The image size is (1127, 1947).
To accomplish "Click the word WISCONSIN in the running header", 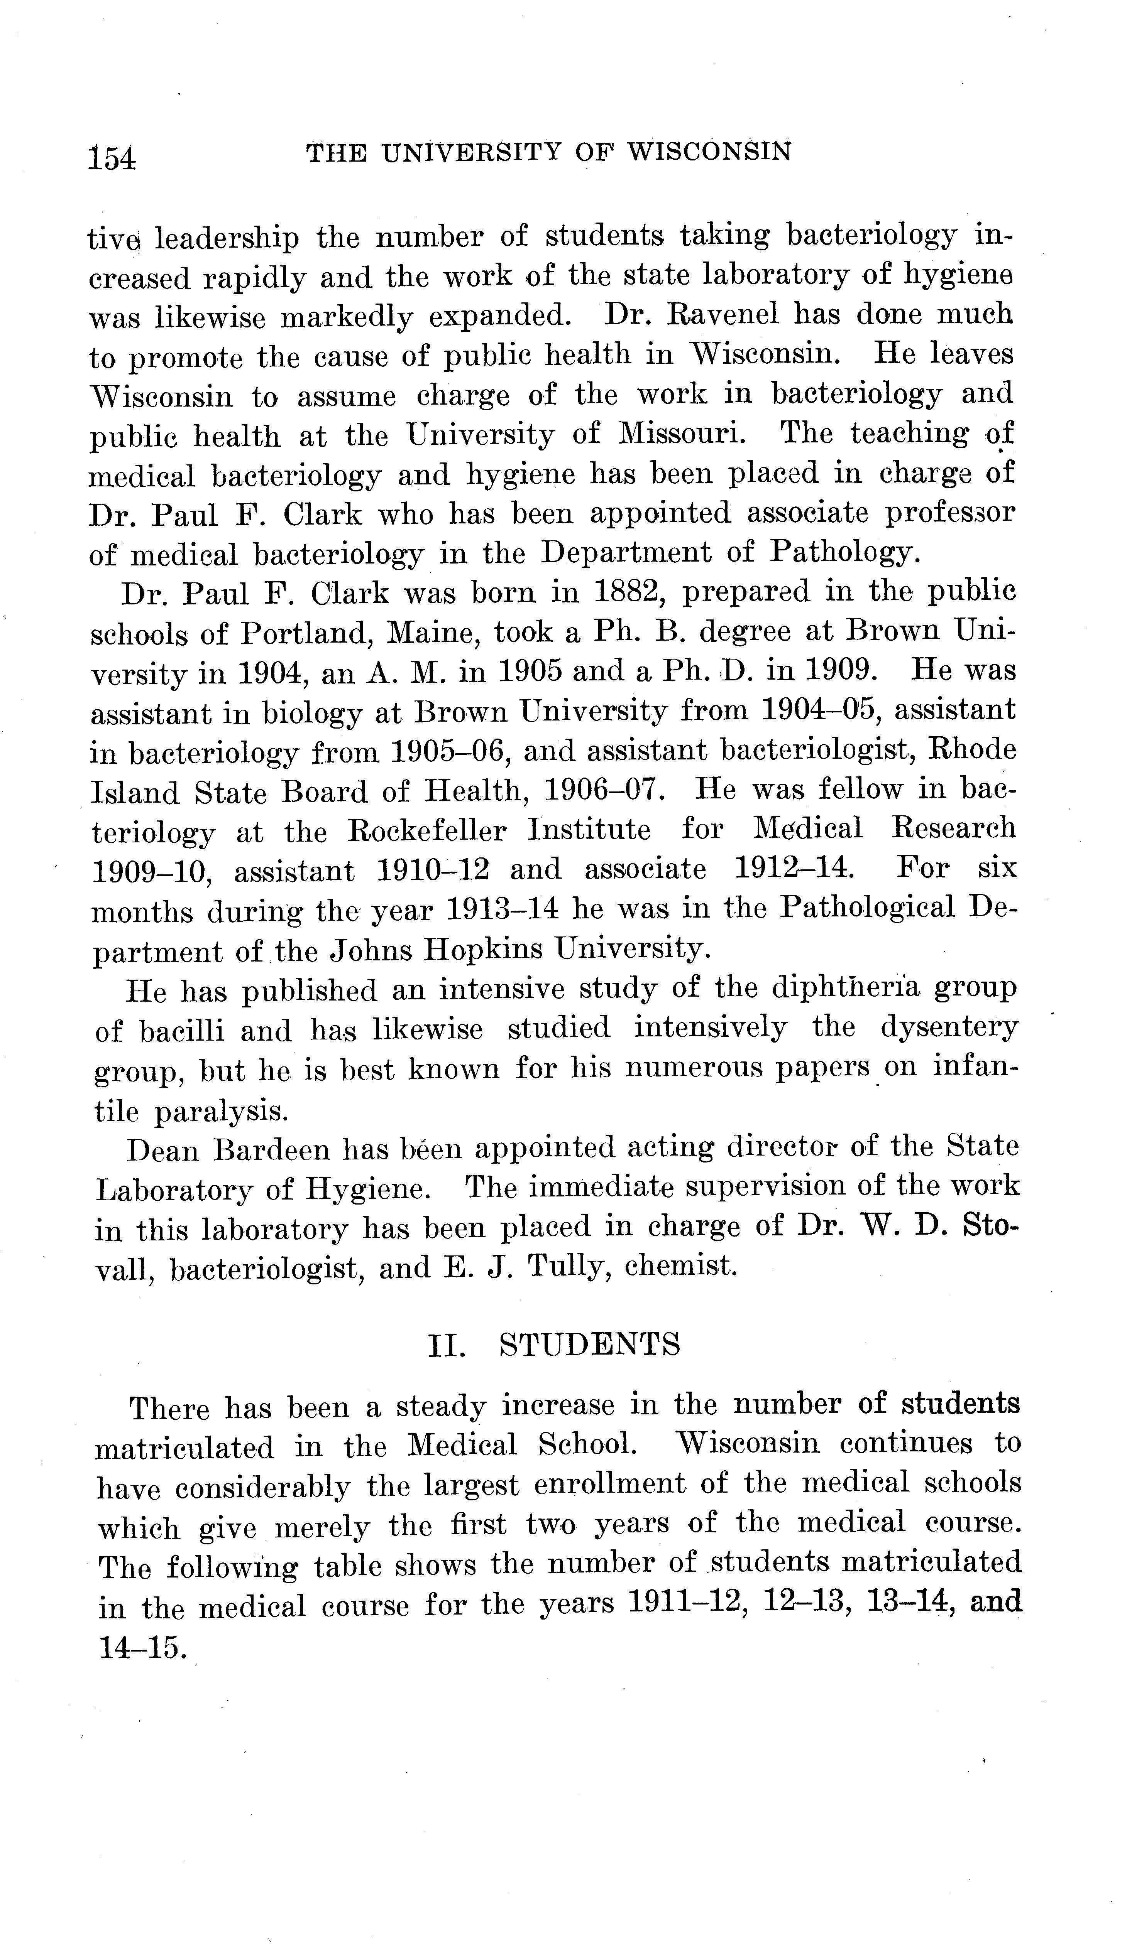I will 708,152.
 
